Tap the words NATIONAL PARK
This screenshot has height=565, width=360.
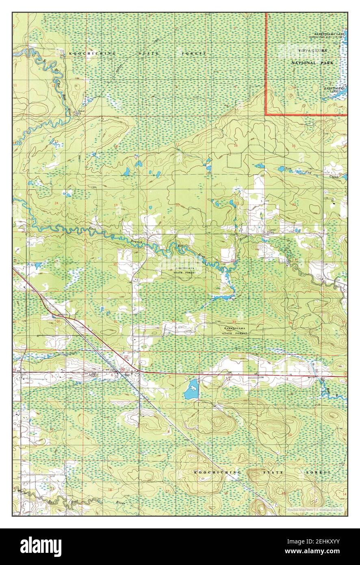(312, 63)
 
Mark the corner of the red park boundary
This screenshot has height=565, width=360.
(266, 115)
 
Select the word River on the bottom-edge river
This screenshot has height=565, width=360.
(120, 503)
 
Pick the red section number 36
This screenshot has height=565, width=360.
(59, 322)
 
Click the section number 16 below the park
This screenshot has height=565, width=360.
(235, 146)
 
